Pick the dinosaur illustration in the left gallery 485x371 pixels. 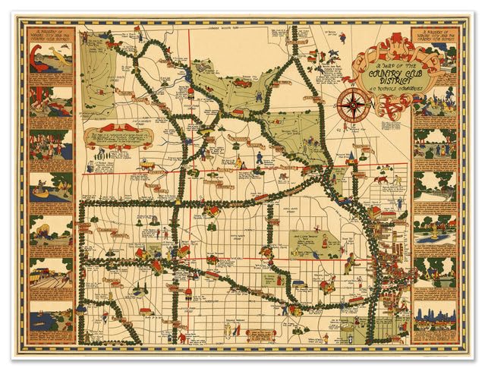point(51,60)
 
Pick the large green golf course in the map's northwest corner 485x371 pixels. point(98,72)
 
